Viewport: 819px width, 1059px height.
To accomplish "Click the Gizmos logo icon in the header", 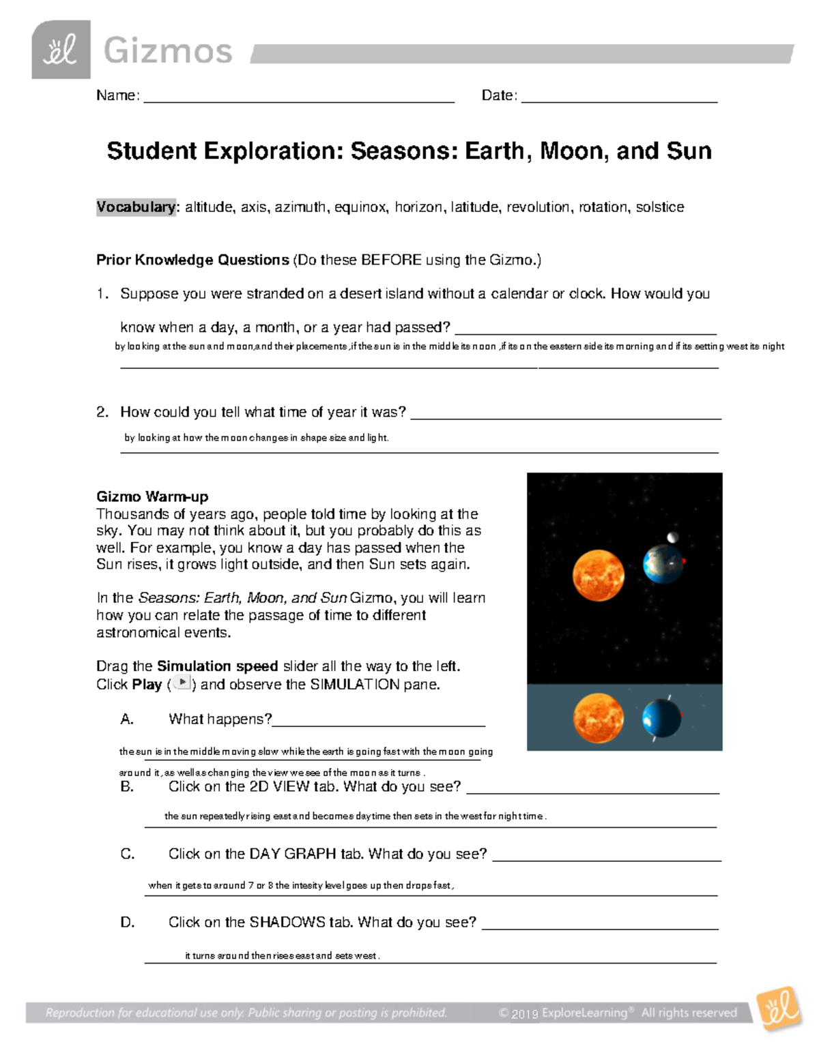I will pyautogui.click(x=61, y=50).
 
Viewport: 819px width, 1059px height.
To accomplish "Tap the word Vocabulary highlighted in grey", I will pyautogui.click(x=135, y=207).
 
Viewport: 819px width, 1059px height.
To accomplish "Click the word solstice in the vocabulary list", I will pyautogui.click(x=659, y=207).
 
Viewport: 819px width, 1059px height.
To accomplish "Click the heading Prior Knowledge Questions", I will pyautogui.click(x=192, y=260).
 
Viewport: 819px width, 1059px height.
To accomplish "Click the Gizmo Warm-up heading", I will pyautogui.click(x=152, y=496).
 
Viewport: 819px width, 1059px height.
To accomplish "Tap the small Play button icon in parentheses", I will pyautogui.click(x=182, y=683).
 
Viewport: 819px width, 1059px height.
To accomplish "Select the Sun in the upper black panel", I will pyautogui.click(x=598, y=576).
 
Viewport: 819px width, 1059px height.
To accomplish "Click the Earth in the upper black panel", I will pyautogui.click(x=663, y=565).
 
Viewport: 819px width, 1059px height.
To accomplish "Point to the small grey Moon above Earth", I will pyautogui.click(x=673, y=537).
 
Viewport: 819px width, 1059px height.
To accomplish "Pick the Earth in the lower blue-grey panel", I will pyautogui.click(x=661, y=719).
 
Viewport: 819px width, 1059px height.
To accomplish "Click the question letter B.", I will pyautogui.click(x=127, y=787).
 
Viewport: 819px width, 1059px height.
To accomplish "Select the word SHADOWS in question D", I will pyautogui.click(x=287, y=923).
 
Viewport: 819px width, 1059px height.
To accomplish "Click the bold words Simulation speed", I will pyautogui.click(x=217, y=666).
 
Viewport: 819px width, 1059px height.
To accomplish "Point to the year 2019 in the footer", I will pyautogui.click(x=526, y=1014).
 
